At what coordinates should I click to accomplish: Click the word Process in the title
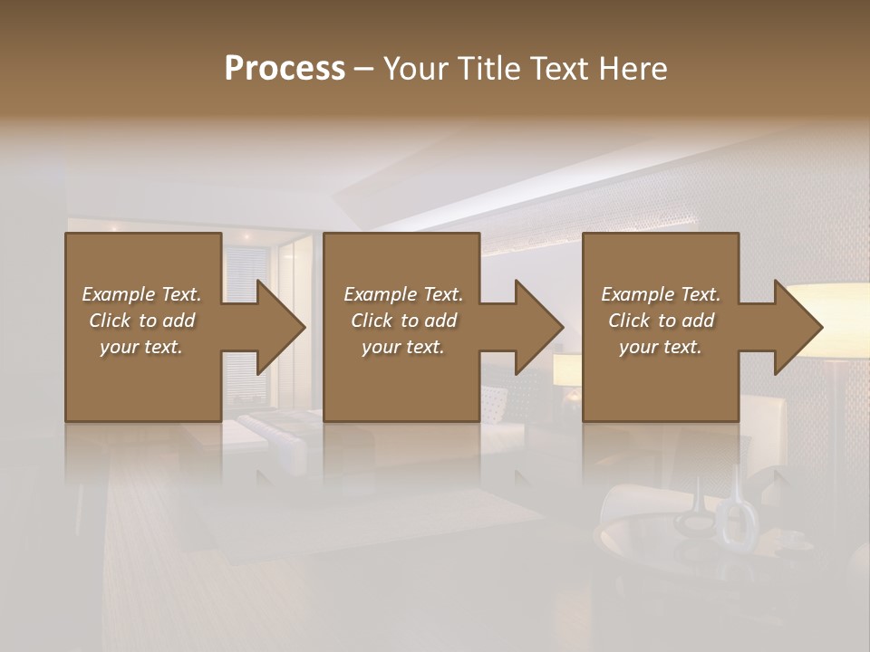pos(285,69)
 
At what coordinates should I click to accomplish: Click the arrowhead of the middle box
pos(537,327)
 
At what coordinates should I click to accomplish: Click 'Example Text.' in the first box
pos(141,294)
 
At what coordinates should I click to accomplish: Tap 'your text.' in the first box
pos(141,347)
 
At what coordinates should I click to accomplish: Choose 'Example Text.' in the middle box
pos(403,294)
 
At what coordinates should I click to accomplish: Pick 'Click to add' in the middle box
pos(403,321)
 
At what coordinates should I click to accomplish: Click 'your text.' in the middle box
pos(403,347)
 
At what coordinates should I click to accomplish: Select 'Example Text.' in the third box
pos(661,294)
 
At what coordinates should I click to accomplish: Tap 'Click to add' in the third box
pos(661,321)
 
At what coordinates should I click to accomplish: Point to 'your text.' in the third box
pos(661,347)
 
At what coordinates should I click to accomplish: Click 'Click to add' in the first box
pos(141,321)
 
